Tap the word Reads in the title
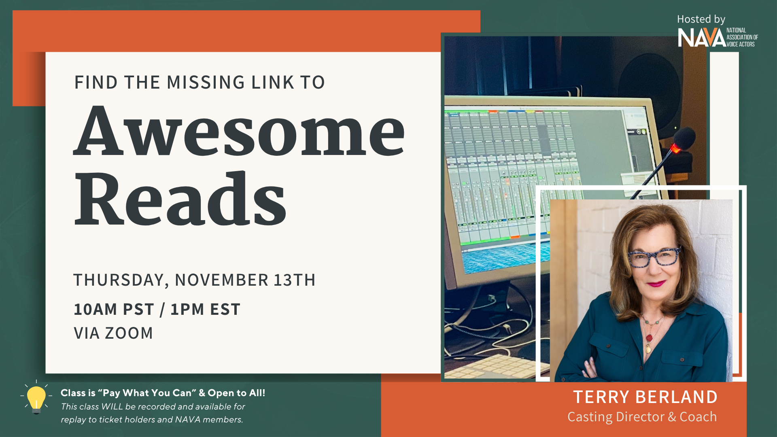click(x=180, y=198)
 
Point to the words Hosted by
click(x=701, y=19)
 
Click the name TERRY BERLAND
click(x=645, y=397)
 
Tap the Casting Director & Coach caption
click(x=642, y=417)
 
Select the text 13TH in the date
click(x=295, y=280)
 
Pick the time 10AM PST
click(x=114, y=310)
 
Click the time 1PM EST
click(x=206, y=310)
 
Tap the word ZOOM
click(x=129, y=333)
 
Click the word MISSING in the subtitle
click(x=206, y=83)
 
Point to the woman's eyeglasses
click(x=654, y=257)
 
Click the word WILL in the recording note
click(x=112, y=407)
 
